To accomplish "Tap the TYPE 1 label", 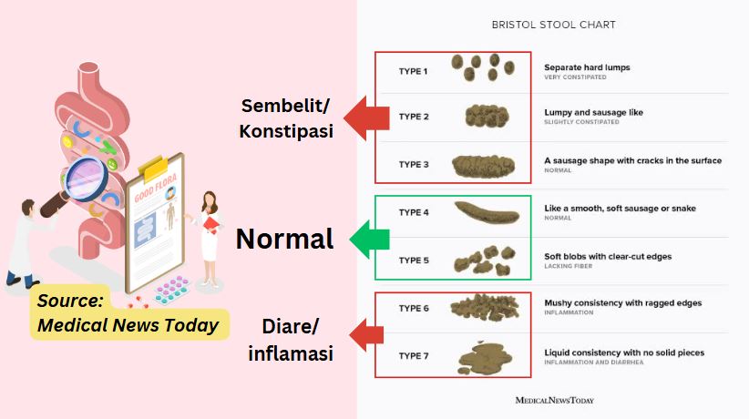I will pyautogui.click(x=414, y=70).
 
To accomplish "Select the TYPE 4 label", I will pyautogui.click(x=414, y=212).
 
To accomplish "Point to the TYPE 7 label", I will pyautogui.click(x=414, y=355).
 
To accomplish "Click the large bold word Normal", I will pyautogui.click(x=284, y=239).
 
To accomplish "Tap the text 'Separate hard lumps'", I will pyautogui.click(x=587, y=67).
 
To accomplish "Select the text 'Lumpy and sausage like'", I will pyautogui.click(x=593, y=113).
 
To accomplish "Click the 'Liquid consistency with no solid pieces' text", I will pyautogui.click(x=624, y=353).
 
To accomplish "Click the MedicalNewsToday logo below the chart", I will pyautogui.click(x=555, y=400).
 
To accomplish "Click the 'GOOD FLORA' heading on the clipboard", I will pyautogui.click(x=156, y=194).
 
